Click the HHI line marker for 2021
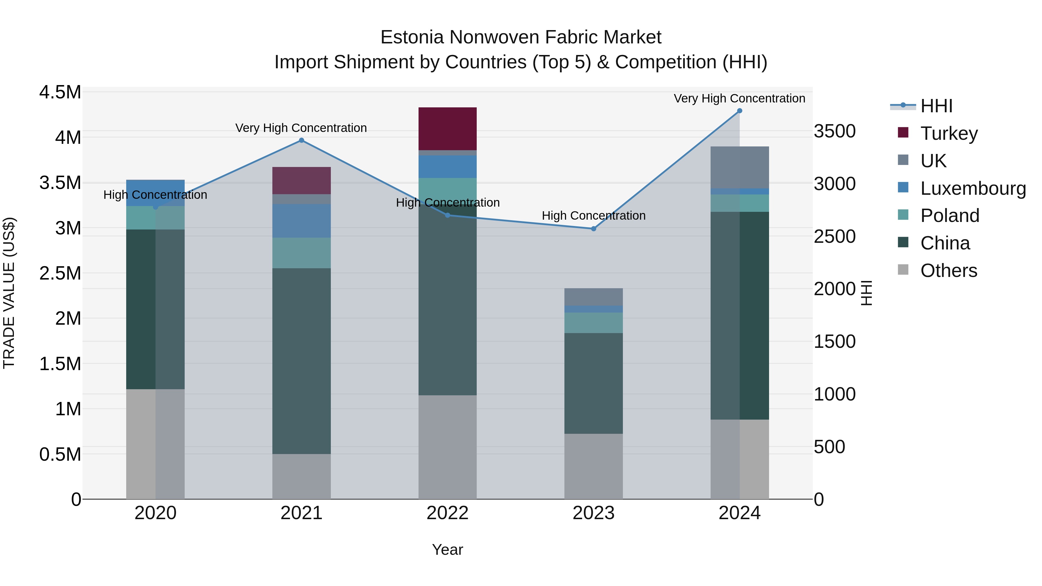pyautogui.click(x=301, y=140)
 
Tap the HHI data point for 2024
pyautogui.click(x=740, y=111)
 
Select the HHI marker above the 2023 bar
pyautogui.click(x=593, y=229)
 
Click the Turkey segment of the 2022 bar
pyautogui.click(x=447, y=128)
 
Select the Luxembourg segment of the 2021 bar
pyautogui.click(x=301, y=221)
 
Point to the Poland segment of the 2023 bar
pyautogui.click(x=593, y=323)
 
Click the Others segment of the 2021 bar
pyautogui.click(x=301, y=476)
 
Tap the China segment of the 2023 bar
pyautogui.click(x=593, y=383)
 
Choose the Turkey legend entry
pyautogui.click(x=949, y=133)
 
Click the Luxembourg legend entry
pyautogui.click(x=973, y=188)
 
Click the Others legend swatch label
pyautogui.click(x=949, y=271)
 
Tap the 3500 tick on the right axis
pyautogui.click(x=834, y=131)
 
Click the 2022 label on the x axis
pyautogui.click(x=447, y=513)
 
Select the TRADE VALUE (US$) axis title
pyautogui.click(x=9, y=293)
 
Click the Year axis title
pyautogui.click(x=447, y=550)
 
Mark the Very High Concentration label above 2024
pyautogui.click(x=740, y=99)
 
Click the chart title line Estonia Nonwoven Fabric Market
pyautogui.click(x=521, y=38)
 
